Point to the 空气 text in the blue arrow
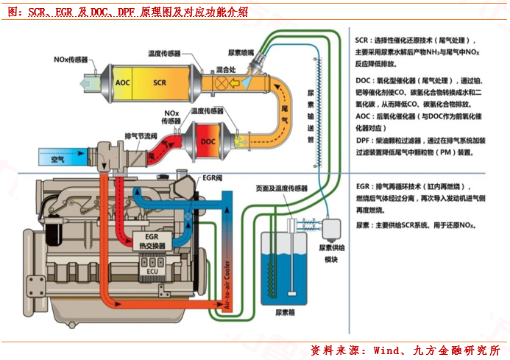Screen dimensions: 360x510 pos(57,158)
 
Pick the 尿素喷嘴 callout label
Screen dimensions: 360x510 pos(241,53)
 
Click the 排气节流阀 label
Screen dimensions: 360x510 pos(141,136)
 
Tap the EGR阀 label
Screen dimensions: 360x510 pos(212,178)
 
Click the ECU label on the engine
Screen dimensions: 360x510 pos(152,271)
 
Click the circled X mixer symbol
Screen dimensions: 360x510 pos(219,83)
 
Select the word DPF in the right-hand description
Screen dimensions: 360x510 pos(362,140)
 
